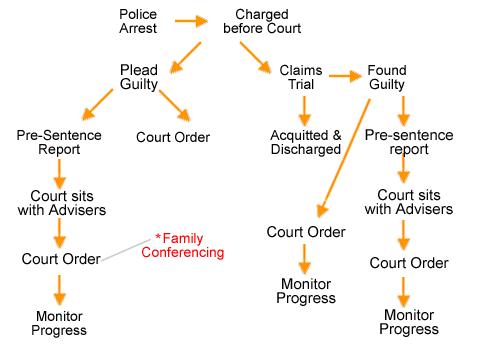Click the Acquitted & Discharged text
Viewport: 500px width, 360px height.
click(x=305, y=141)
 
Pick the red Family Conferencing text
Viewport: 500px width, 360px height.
click(x=192, y=246)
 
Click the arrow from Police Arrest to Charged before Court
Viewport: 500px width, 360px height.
click(x=189, y=20)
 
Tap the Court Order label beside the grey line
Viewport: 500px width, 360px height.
click(x=61, y=259)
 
